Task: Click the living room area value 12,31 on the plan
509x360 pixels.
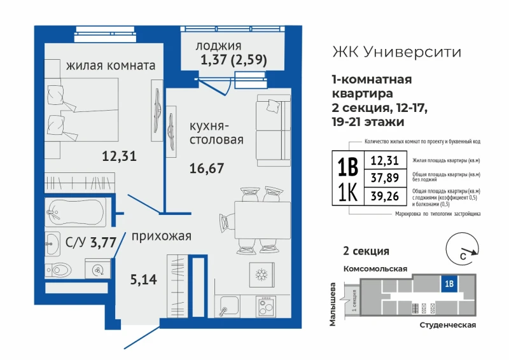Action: (x=119, y=156)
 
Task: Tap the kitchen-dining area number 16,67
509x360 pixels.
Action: (x=207, y=169)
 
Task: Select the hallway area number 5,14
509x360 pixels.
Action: (x=144, y=279)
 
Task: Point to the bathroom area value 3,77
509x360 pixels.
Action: (x=103, y=242)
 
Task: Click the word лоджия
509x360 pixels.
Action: (x=218, y=46)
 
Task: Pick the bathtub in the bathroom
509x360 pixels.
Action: (x=75, y=212)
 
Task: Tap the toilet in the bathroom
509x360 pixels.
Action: (x=59, y=270)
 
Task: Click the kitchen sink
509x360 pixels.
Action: (x=227, y=306)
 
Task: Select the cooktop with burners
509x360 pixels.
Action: (x=265, y=307)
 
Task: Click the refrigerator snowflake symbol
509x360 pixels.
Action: (x=261, y=275)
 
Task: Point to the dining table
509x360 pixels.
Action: (x=262, y=220)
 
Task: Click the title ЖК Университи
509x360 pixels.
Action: (x=396, y=52)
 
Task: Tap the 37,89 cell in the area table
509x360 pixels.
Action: (x=385, y=178)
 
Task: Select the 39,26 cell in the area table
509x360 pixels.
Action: (x=385, y=196)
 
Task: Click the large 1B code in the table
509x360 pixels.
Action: (x=348, y=167)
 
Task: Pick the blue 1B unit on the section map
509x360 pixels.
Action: (x=449, y=284)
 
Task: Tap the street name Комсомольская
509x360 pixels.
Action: (x=375, y=269)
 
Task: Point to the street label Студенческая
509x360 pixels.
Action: (x=448, y=325)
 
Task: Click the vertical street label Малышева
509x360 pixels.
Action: (x=332, y=304)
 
